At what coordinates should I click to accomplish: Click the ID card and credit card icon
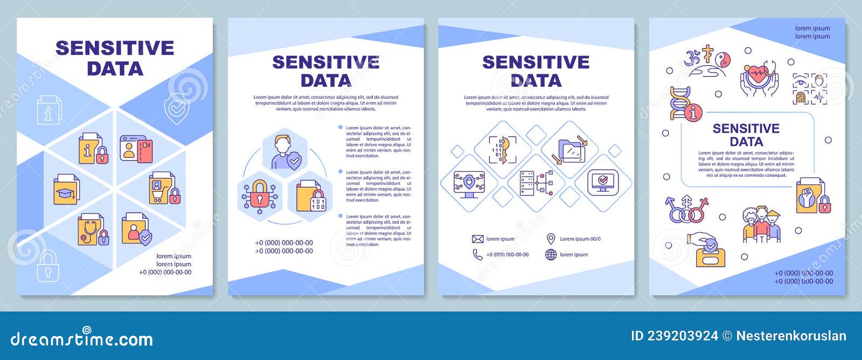point(136,149)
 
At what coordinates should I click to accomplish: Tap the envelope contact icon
point(477,239)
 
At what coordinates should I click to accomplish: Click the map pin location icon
point(551,239)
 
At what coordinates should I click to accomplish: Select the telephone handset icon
point(477,254)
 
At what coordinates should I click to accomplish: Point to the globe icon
point(551,254)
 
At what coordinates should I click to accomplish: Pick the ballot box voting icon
point(710,251)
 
